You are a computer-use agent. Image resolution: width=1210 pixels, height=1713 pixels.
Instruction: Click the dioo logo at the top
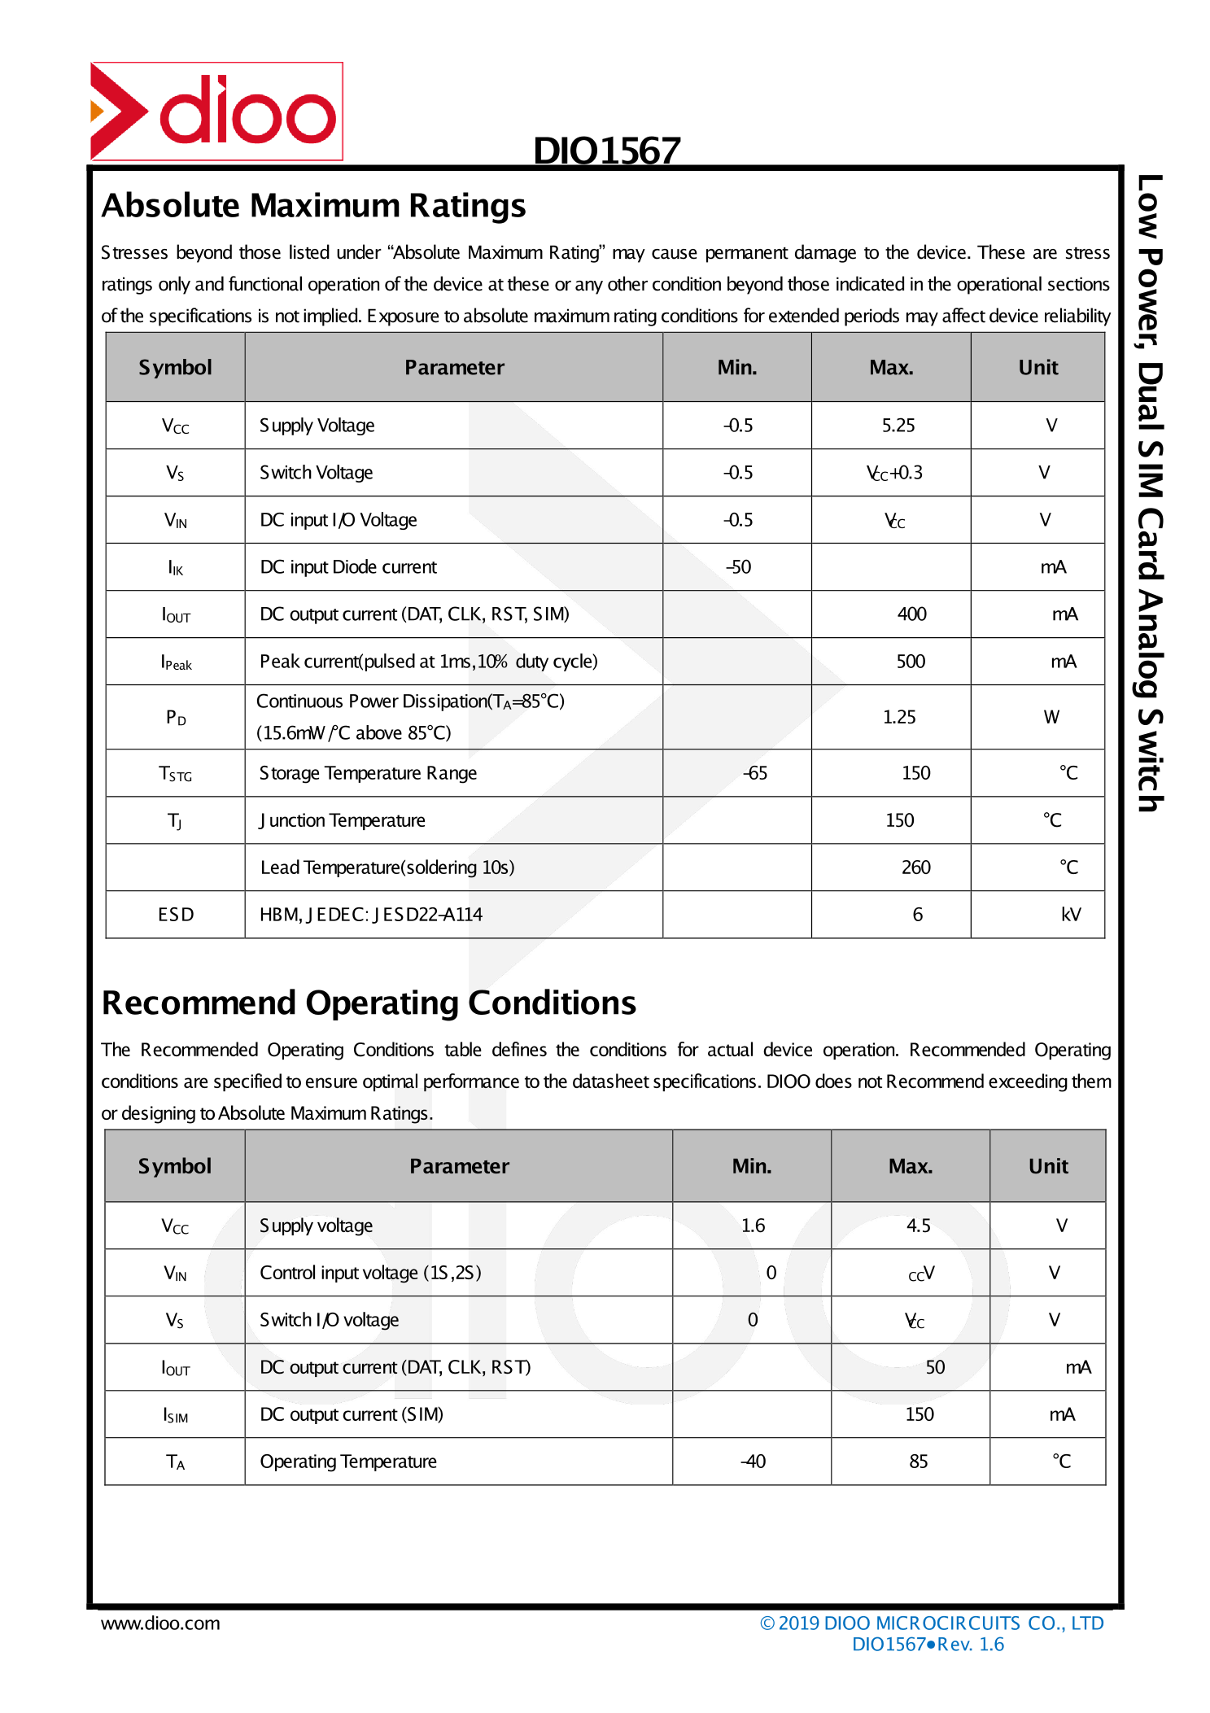[216, 111]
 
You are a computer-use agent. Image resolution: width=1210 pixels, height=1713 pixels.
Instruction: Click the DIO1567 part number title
[606, 151]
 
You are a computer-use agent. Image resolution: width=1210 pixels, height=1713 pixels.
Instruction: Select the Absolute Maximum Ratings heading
[313, 206]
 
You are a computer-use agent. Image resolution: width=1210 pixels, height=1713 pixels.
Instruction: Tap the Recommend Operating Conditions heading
[369, 1003]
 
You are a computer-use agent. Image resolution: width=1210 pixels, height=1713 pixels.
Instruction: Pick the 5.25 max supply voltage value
[898, 426]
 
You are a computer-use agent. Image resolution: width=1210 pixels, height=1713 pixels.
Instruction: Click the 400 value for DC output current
[911, 614]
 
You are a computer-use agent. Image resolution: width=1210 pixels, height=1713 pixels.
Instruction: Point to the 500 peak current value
[911, 662]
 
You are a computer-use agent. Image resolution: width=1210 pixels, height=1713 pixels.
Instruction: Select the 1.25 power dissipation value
[899, 717]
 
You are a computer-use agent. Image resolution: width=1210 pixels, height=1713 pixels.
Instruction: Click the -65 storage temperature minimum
[754, 773]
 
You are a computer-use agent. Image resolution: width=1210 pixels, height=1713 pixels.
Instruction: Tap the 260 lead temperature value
[915, 867]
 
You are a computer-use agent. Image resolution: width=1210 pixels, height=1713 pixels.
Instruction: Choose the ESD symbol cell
[176, 915]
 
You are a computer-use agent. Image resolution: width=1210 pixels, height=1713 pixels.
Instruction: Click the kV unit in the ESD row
[1071, 915]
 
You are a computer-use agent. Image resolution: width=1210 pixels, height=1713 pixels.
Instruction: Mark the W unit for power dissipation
[1051, 717]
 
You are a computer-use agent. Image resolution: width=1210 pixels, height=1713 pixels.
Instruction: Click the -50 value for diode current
[738, 567]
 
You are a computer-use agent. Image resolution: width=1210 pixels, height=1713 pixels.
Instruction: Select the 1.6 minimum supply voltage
[753, 1226]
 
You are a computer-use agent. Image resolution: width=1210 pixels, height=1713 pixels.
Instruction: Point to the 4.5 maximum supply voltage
[918, 1226]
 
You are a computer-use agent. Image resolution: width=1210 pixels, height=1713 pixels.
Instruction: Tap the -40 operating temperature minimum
[753, 1462]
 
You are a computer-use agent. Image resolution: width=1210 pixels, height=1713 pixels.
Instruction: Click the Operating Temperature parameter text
[348, 1462]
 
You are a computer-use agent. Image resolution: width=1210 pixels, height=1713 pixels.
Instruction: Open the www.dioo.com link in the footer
[160, 1623]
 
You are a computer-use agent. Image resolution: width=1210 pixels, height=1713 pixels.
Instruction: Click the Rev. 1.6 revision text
[971, 1645]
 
